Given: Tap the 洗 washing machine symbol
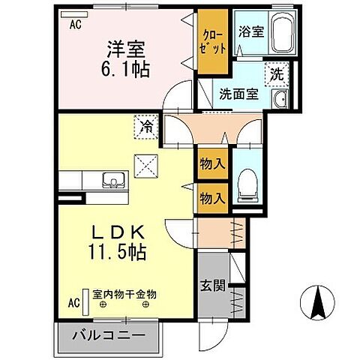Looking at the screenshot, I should coord(277,75).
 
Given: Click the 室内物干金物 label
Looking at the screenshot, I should coord(124,294).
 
